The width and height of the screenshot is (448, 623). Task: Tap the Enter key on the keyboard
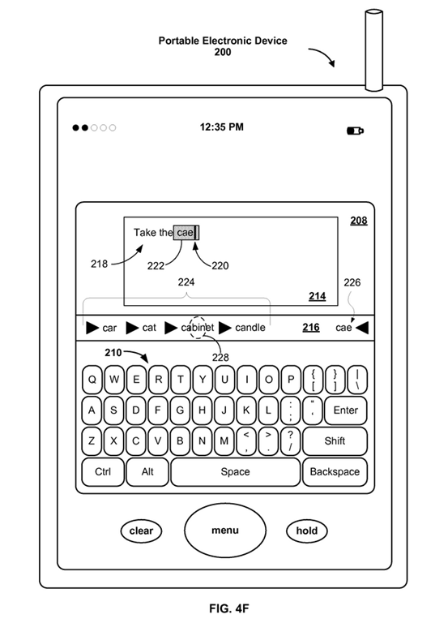coord(345,410)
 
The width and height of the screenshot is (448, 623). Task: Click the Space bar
coord(235,471)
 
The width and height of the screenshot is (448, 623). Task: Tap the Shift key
coord(335,441)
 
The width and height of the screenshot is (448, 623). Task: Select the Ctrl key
coord(103,471)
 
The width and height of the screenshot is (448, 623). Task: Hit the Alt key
coord(147,471)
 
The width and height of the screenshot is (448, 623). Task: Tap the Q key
coord(92,380)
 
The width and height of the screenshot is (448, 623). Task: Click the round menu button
coord(225,531)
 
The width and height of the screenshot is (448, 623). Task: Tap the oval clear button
coord(141,531)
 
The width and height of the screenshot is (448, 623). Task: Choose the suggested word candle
coord(250,328)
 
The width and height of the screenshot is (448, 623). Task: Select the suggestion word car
coord(109,329)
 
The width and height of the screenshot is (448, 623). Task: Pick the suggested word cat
coord(149,328)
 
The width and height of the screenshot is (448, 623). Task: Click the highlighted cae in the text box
coord(186,233)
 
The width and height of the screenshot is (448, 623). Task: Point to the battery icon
coord(355,131)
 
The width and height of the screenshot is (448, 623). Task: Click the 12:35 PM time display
coord(221,127)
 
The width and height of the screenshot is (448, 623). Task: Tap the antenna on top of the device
coord(373,50)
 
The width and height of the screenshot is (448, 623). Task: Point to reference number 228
coord(220,358)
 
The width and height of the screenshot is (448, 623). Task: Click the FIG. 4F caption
coord(229,608)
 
